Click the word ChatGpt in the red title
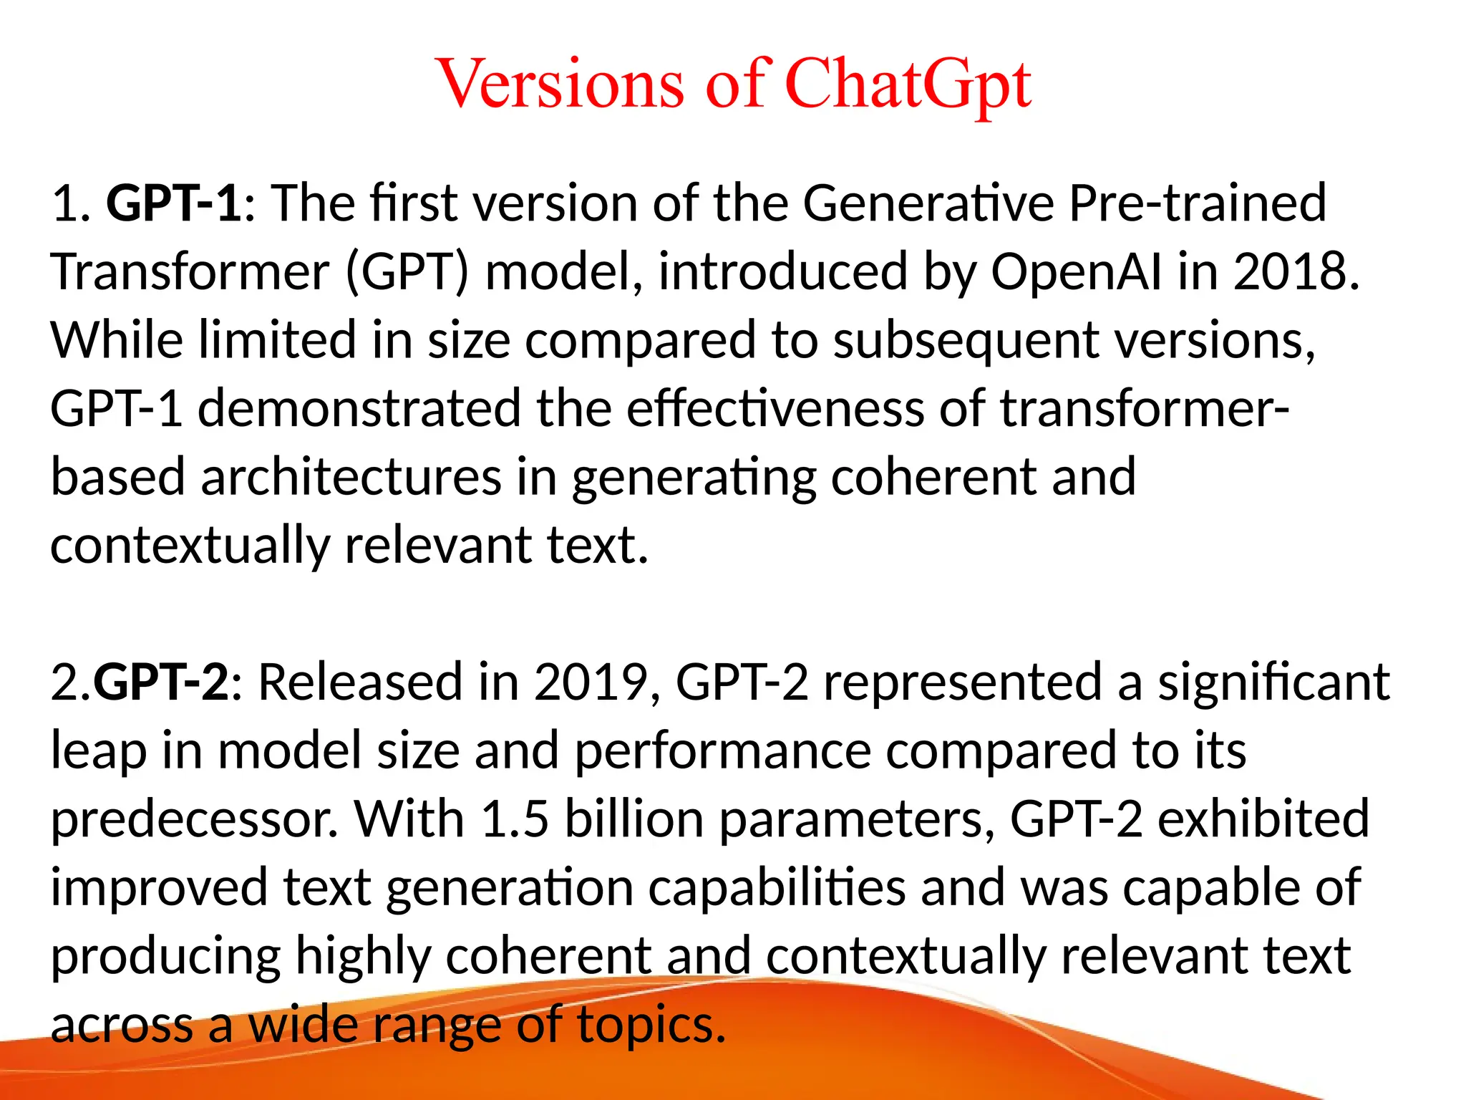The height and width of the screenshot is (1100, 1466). click(x=908, y=85)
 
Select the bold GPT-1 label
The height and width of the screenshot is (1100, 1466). click(x=175, y=203)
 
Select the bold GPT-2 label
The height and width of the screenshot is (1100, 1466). click(x=162, y=681)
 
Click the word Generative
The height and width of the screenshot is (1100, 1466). click(x=928, y=203)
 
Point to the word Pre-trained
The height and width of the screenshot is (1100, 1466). click(x=1198, y=203)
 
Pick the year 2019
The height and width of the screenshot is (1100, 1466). click(x=591, y=681)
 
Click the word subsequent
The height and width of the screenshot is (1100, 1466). click(x=966, y=339)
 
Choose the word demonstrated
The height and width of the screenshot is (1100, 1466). click(x=359, y=408)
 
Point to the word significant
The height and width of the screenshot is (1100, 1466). click(x=1274, y=681)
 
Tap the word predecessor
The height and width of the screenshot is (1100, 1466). click(x=193, y=819)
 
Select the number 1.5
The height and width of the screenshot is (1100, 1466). click(x=515, y=819)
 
